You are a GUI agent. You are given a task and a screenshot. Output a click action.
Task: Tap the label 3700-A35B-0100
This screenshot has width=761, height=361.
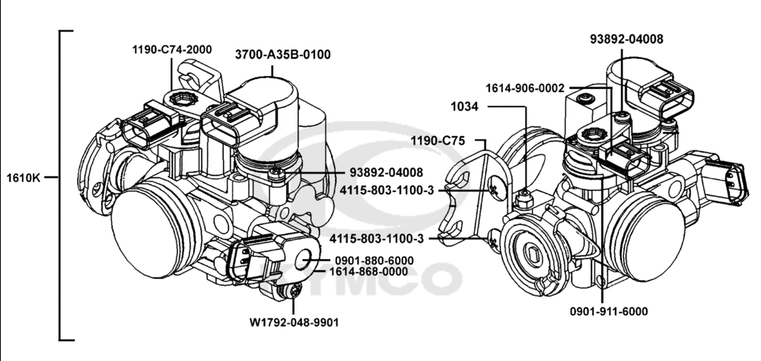pos(282,55)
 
